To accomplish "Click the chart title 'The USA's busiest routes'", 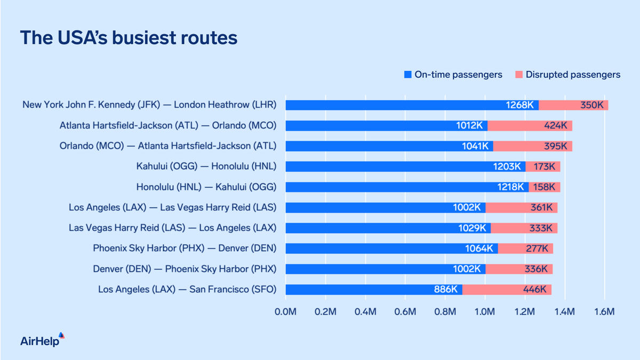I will (129, 38).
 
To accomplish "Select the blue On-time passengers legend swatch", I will (407, 75).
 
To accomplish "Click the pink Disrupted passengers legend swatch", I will (518, 75).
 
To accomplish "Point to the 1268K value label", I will (520, 105).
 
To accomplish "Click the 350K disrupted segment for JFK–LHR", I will (573, 105).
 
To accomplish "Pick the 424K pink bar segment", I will (530, 126).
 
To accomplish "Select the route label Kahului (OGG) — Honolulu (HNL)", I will (206, 166).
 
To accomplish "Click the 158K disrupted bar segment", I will (544, 187).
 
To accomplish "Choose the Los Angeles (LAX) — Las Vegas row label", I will (173, 207).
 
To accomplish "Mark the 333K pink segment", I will (524, 228).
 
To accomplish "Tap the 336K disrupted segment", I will (519, 269).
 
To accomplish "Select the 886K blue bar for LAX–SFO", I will (373, 290).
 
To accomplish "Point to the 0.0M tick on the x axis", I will (285, 311).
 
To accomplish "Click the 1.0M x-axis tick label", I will (485, 311).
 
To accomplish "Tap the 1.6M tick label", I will (604, 311).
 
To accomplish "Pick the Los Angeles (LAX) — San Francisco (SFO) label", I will (187, 290).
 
